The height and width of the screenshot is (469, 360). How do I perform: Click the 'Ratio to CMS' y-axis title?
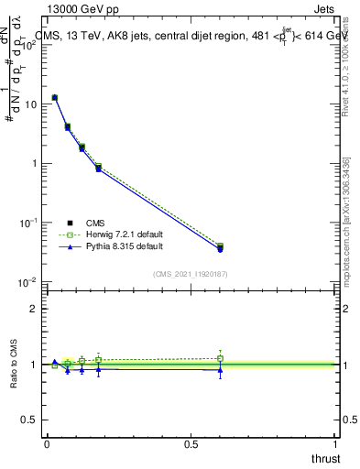click(x=14, y=365)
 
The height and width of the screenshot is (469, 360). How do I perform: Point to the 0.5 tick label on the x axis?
click(x=191, y=442)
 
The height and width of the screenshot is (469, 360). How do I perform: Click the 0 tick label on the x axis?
click(x=47, y=442)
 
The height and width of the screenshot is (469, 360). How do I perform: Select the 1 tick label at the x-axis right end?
click(x=335, y=442)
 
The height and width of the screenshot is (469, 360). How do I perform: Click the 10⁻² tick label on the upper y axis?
click(x=29, y=282)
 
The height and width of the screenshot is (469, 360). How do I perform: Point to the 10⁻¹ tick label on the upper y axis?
click(x=29, y=223)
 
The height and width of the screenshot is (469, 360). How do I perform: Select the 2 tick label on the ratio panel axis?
click(x=35, y=309)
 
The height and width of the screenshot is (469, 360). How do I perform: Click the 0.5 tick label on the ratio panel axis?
click(x=31, y=420)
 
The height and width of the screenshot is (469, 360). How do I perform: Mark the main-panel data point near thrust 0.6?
click(x=220, y=247)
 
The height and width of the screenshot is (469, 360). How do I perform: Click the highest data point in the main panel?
click(x=55, y=97)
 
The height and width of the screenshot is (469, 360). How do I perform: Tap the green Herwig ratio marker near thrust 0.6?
click(x=220, y=358)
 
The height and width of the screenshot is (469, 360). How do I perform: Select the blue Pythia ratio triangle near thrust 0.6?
click(x=220, y=370)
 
